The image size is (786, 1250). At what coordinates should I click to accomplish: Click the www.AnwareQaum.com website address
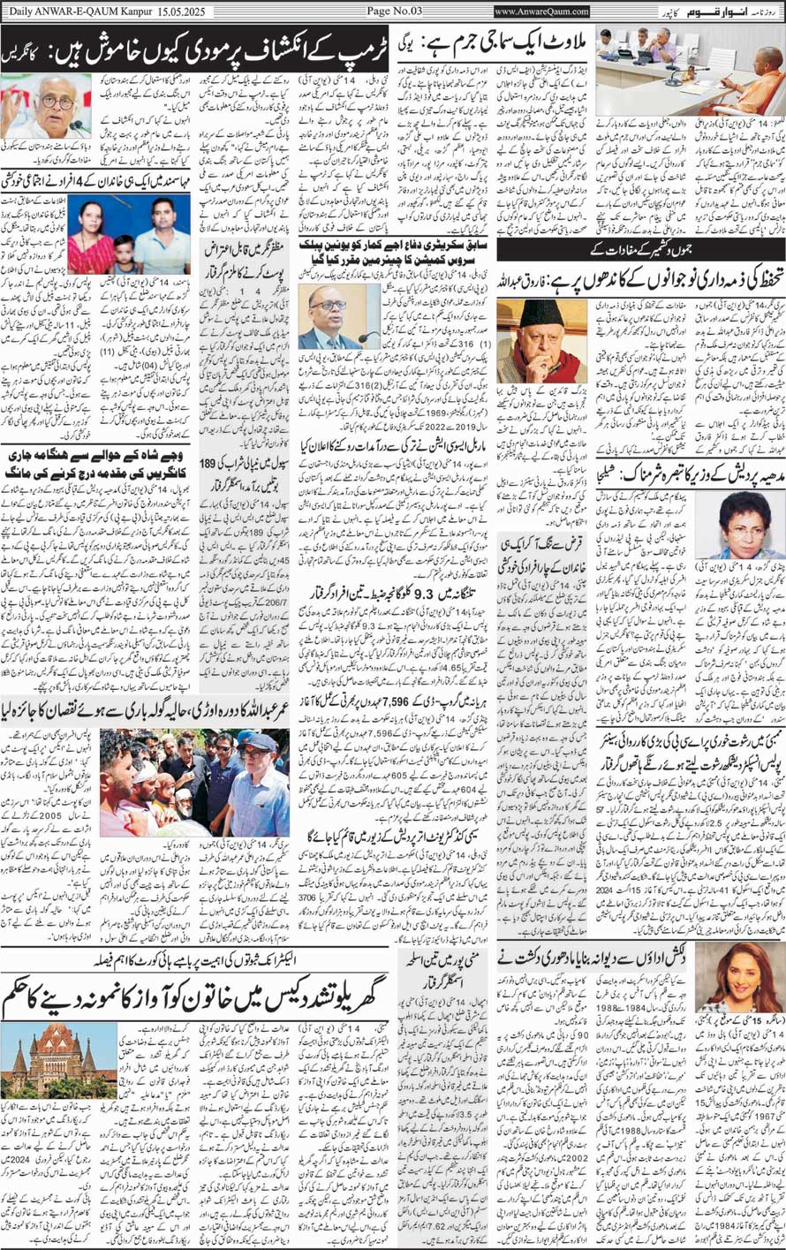(542, 11)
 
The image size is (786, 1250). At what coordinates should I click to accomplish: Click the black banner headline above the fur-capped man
(641, 250)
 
